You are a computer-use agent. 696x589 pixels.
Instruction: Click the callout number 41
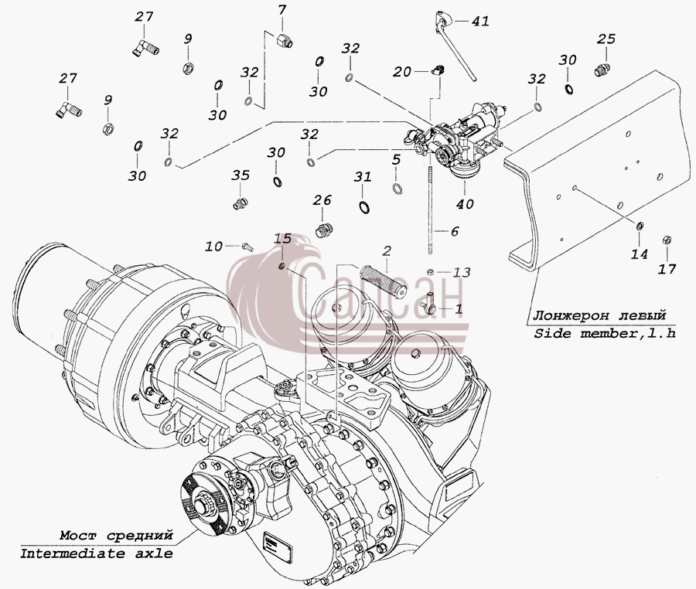point(479,21)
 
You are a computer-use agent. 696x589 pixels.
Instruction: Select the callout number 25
point(606,39)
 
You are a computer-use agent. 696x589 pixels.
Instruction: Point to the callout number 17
point(667,269)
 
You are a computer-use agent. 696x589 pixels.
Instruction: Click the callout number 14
point(640,254)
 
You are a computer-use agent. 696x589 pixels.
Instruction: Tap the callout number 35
point(241,175)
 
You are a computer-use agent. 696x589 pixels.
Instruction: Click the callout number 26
point(322,200)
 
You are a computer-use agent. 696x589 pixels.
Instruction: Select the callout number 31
point(362,178)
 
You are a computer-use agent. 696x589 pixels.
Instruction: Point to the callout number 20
point(402,71)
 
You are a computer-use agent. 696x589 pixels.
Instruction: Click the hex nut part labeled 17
point(666,240)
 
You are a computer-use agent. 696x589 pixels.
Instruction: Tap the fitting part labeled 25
point(602,70)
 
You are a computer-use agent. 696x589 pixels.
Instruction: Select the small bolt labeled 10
point(247,247)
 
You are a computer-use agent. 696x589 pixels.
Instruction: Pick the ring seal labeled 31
point(364,206)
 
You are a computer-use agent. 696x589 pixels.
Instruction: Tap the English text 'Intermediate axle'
point(97,553)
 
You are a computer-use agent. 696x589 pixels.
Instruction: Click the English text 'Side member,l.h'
point(605,333)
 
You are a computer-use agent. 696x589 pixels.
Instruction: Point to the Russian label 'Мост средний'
point(116,536)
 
